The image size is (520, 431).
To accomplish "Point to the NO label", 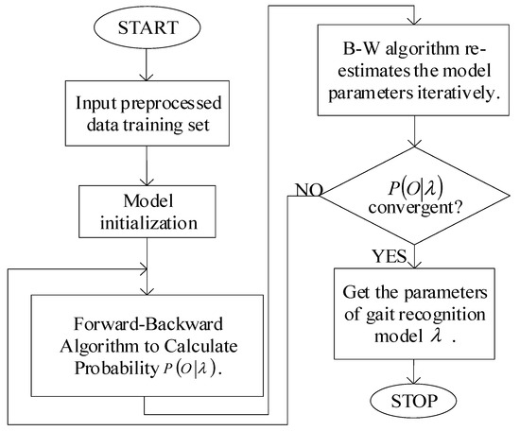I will tap(304, 190).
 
